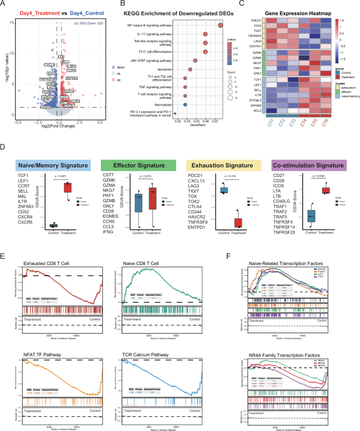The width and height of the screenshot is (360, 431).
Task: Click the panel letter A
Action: [x=4, y=5]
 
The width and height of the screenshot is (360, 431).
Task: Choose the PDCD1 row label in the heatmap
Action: [x=257, y=20]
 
